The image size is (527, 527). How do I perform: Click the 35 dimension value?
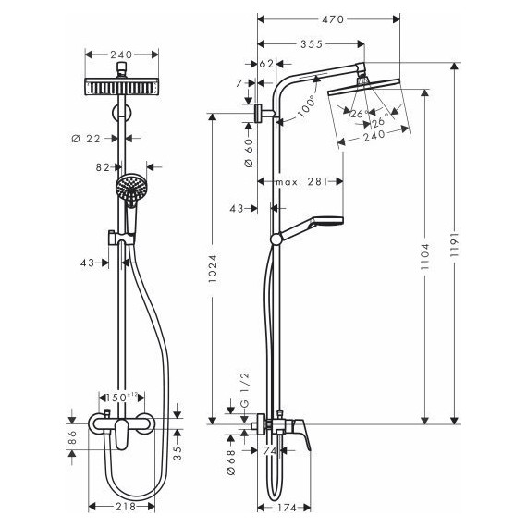tap(178, 453)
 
